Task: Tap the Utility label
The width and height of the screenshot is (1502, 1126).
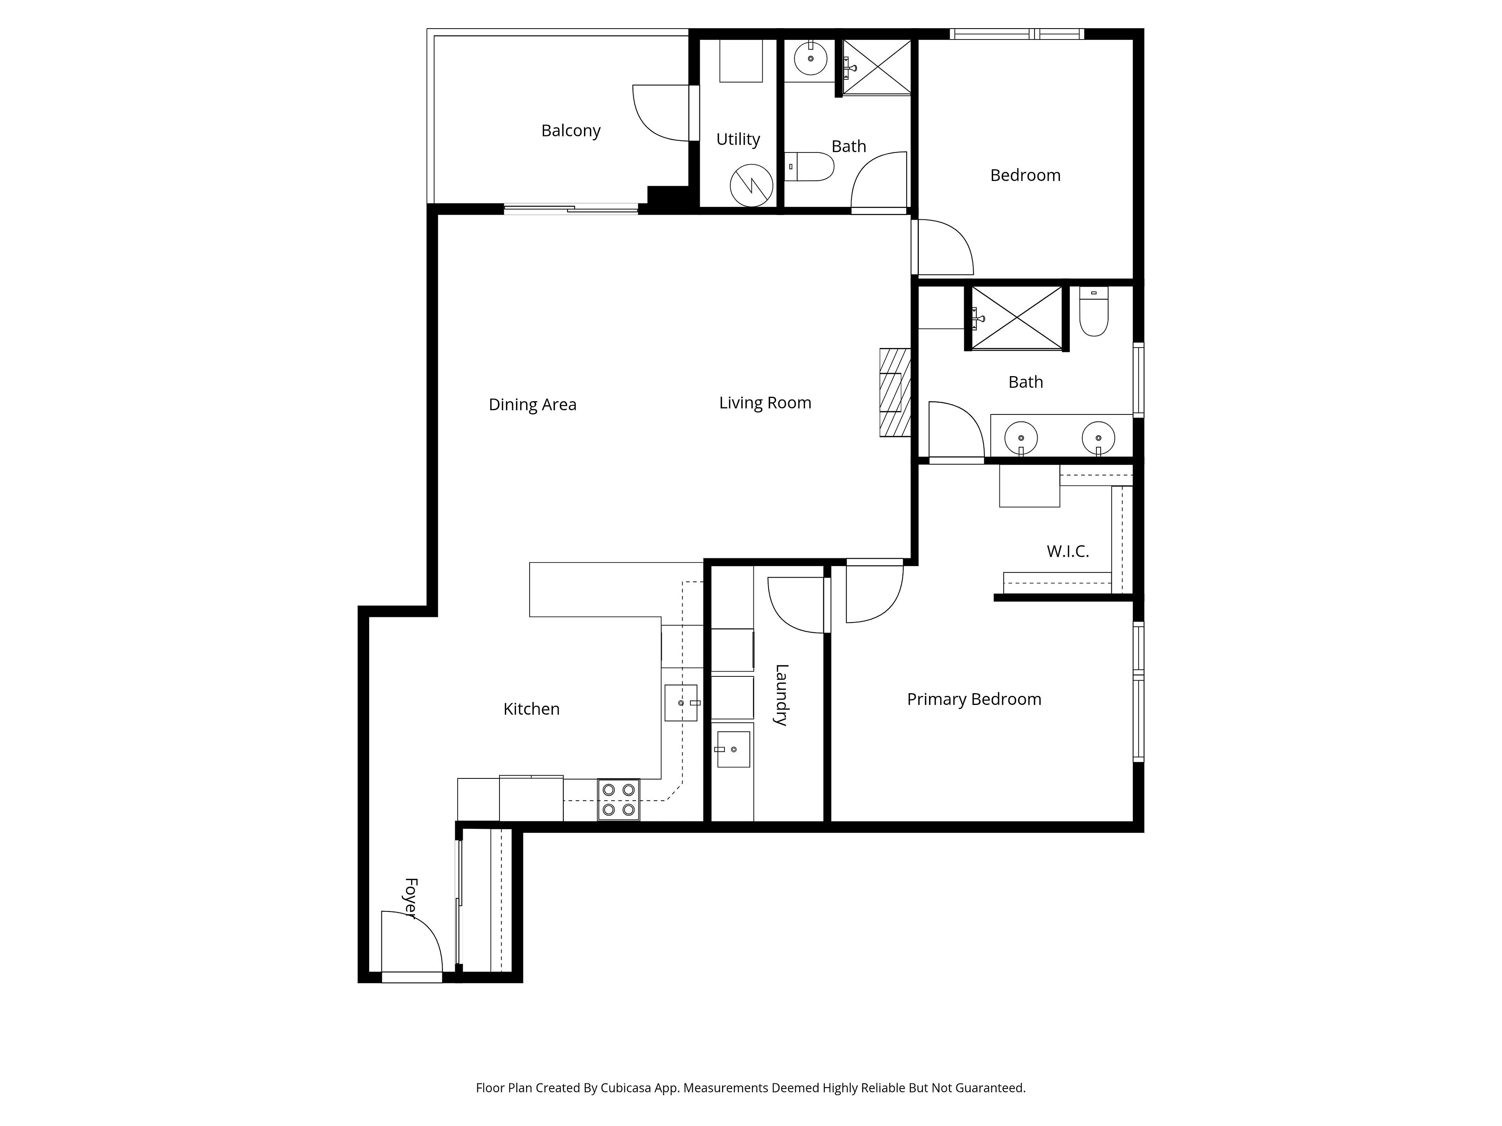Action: [738, 140]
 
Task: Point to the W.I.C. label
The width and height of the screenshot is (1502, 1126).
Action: [1067, 551]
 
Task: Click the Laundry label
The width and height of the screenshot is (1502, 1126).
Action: [782, 695]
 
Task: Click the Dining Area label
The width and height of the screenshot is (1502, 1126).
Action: [532, 405]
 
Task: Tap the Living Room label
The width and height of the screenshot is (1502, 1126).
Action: [765, 403]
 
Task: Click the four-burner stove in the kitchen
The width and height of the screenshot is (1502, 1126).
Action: [618, 800]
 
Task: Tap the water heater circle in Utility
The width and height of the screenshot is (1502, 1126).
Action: [752, 185]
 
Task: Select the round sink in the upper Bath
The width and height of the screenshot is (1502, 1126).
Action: [810, 59]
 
